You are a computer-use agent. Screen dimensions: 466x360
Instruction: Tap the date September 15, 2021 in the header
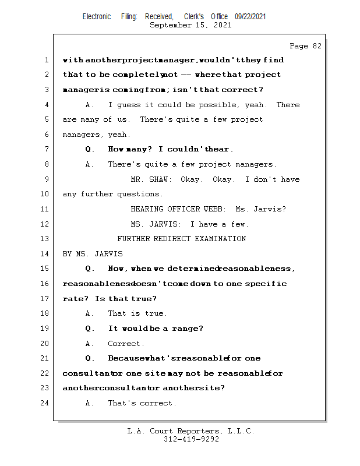(190, 25)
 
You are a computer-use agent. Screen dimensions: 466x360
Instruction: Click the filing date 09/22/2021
(250, 17)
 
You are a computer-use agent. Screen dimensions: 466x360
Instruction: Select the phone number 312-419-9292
(191, 440)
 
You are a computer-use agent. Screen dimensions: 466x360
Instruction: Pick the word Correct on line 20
(126, 344)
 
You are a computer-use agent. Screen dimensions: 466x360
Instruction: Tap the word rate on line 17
(74, 299)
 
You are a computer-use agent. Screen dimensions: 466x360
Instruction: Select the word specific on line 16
(266, 284)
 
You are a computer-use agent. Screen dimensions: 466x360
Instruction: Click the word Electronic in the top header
(97, 17)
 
